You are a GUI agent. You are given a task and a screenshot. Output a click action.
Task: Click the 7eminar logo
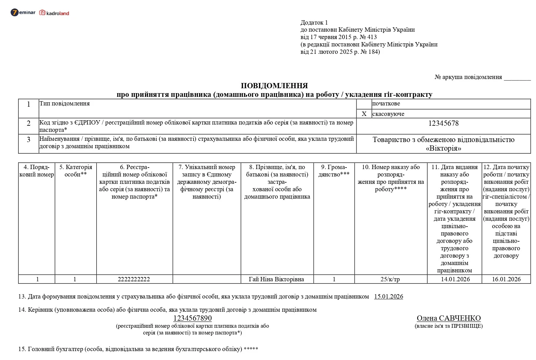23,13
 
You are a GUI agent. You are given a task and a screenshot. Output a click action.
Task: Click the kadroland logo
54,13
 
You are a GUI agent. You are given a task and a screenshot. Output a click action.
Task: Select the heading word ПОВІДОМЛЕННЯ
274,86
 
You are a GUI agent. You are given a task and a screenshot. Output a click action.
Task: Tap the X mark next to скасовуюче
364,114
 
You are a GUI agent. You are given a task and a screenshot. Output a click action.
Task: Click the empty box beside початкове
364,104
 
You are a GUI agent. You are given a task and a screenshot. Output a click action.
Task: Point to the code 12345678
443,124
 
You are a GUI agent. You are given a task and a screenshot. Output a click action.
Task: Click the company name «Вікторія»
443,149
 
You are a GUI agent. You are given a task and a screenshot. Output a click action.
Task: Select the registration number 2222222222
134,279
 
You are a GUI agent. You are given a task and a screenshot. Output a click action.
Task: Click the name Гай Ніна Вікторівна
276,279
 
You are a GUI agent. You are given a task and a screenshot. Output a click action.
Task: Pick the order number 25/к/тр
390,279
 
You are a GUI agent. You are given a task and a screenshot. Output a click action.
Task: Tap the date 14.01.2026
455,279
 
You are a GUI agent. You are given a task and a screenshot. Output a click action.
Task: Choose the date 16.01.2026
506,279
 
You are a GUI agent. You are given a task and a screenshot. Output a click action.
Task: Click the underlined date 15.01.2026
388,297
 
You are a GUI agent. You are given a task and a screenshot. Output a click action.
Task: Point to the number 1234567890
192,318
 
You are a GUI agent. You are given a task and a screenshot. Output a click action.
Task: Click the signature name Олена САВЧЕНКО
449,318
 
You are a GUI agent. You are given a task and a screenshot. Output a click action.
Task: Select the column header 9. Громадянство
334,171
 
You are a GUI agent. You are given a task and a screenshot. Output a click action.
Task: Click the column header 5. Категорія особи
76,171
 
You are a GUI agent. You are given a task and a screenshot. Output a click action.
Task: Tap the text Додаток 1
314,23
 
